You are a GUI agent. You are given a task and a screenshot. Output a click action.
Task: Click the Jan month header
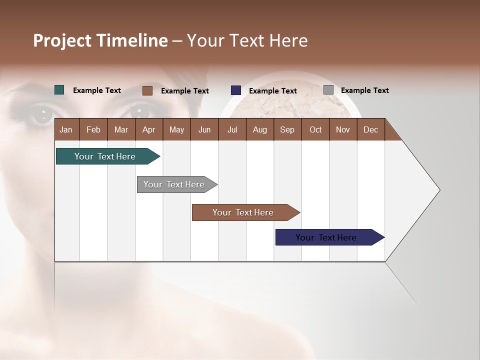[66, 129]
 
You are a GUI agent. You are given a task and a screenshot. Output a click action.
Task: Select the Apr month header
[148, 129]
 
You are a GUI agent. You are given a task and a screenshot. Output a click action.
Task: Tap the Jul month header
[232, 129]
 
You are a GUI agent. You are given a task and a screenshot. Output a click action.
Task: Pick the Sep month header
[287, 129]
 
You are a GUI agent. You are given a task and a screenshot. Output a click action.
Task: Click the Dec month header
[370, 129]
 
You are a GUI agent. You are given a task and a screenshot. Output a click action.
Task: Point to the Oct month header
[315, 129]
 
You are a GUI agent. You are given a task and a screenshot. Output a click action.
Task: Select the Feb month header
[93, 129]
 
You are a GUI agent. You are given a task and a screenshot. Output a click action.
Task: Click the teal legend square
[59, 90]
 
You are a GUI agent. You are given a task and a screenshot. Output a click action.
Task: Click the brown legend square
[147, 90]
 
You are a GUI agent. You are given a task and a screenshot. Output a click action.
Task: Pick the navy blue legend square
[236, 90]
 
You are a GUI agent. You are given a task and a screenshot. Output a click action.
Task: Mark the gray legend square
[328, 90]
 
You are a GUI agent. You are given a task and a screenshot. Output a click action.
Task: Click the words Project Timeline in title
[100, 40]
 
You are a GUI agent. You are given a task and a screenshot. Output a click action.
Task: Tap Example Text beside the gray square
[364, 90]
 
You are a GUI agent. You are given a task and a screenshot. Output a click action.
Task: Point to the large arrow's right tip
[439, 190]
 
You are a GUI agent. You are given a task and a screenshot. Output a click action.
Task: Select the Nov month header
[343, 129]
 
